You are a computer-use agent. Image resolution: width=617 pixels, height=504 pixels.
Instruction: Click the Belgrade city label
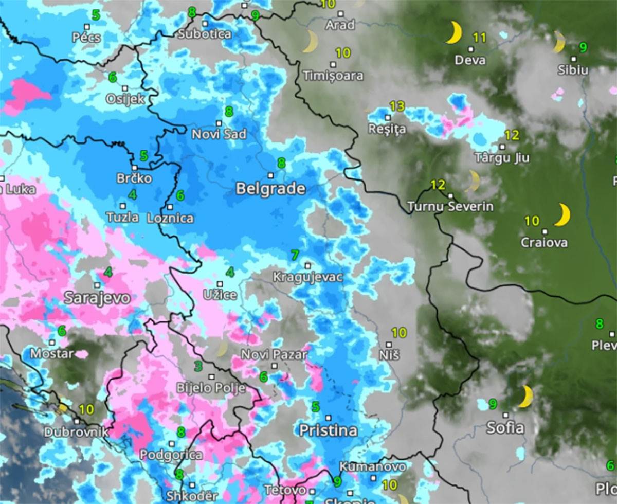pyautogui.click(x=270, y=189)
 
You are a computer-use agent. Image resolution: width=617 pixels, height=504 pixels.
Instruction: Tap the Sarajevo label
pyautogui.click(x=97, y=298)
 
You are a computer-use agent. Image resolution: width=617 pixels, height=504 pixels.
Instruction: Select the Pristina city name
pyautogui.click(x=328, y=430)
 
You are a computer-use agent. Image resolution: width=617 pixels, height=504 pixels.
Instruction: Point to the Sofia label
pyautogui.click(x=505, y=427)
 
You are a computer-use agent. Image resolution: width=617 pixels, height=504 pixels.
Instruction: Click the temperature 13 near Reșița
pyautogui.click(x=396, y=107)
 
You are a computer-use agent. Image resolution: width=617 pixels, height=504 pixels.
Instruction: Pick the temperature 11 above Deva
pyautogui.click(x=479, y=37)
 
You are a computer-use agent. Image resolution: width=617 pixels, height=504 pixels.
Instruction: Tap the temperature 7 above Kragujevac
pyautogui.click(x=295, y=255)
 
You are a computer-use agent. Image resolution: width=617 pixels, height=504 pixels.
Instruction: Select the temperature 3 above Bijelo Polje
pyautogui.click(x=198, y=367)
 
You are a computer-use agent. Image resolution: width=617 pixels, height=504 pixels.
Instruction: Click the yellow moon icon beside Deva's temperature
pyautogui.click(x=453, y=33)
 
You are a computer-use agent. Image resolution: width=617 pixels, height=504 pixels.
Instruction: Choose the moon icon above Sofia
pyautogui.click(x=525, y=397)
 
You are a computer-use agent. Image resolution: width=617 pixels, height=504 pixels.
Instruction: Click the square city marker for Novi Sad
pyautogui.click(x=219, y=123)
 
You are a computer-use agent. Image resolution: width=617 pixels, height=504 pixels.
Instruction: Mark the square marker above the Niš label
pyautogui.click(x=389, y=345)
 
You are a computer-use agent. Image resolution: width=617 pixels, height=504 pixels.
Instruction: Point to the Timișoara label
pyautogui.click(x=333, y=76)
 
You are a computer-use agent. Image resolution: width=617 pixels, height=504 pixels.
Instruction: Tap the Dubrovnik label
pyautogui.click(x=76, y=432)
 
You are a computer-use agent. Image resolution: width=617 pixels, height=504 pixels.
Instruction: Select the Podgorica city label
pyautogui.click(x=171, y=455)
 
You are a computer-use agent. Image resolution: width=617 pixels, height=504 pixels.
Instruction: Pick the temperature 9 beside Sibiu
pyautogui.click(x=583, y=47)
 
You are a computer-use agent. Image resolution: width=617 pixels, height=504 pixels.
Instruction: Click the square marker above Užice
pyautogui.click(x=220, y=284)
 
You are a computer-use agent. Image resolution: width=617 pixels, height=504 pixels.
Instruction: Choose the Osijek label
pyautogui.click(x=125, y=99)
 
